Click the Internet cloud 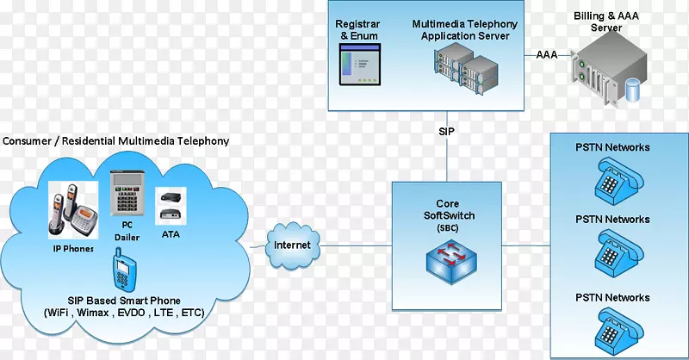click(x=292, y=245)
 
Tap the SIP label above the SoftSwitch click(x=446, y=133)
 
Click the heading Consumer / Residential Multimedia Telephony click(x=115, y=140)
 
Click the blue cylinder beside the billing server click(x=636, y=87)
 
